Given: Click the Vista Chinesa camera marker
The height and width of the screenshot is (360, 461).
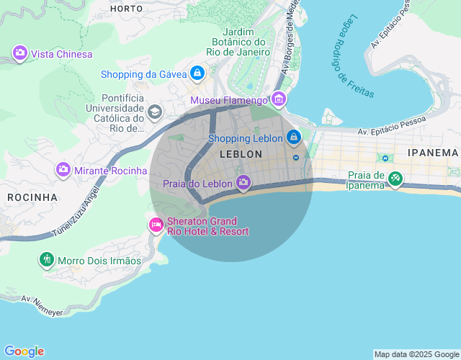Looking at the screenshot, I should point(20,53).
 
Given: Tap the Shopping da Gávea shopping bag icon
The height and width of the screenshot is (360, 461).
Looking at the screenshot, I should point(197,73).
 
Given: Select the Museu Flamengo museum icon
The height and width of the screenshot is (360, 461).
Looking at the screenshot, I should point(279,99).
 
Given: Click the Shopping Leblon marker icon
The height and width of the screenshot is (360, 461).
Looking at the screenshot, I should point(293,137).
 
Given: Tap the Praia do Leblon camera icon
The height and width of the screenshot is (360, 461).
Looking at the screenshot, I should point(243,183).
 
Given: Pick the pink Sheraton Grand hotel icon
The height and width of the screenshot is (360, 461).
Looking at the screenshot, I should point(156,225).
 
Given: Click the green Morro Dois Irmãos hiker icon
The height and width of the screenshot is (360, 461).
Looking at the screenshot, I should point(47,259).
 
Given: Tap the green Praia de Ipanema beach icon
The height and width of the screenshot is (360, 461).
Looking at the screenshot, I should point(395,179).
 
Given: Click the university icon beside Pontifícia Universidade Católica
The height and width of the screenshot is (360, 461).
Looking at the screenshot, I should point(154,112).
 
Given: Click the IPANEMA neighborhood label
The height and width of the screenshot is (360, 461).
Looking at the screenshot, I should point(432,153).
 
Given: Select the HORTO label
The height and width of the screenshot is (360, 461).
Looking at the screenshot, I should point(126,9).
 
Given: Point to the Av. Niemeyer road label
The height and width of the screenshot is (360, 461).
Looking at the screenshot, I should point(42,304).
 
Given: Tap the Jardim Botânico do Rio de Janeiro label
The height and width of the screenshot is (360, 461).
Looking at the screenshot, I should point(238,42).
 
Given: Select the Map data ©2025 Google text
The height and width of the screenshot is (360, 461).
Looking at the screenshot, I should point(416,354).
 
